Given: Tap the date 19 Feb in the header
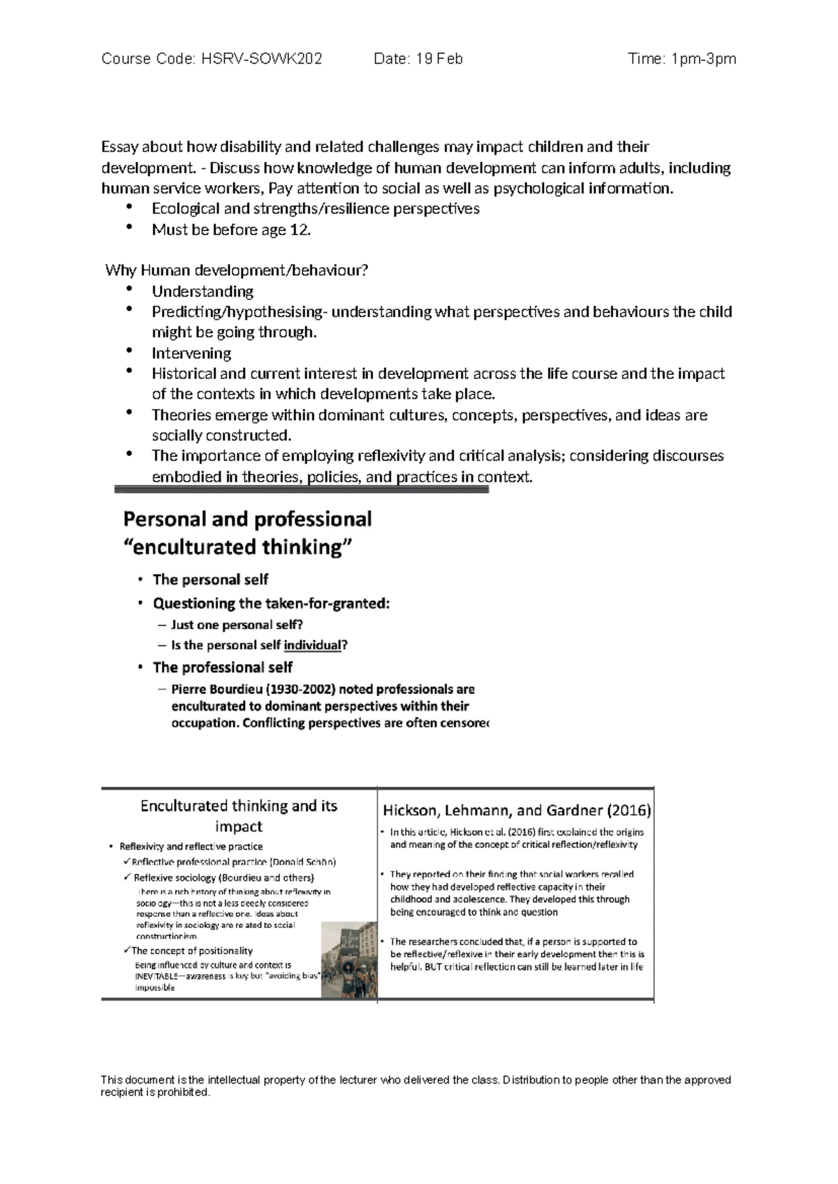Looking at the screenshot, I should (439, 59).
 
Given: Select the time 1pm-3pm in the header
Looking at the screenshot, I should (703, 59).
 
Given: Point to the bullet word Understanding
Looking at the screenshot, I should (203, 291).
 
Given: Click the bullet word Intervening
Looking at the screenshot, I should (191, 353).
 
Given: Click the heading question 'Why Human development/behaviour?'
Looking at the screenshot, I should (236, 270).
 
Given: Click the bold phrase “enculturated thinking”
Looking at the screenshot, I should (237, 547).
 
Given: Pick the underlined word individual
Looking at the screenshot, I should (312, 645).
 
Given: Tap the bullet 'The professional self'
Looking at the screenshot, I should (222, 667).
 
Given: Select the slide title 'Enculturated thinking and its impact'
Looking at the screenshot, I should (239, 815).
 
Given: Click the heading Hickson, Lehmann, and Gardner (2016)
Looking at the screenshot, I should (517, 811).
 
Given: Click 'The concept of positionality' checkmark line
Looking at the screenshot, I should (192, 951).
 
